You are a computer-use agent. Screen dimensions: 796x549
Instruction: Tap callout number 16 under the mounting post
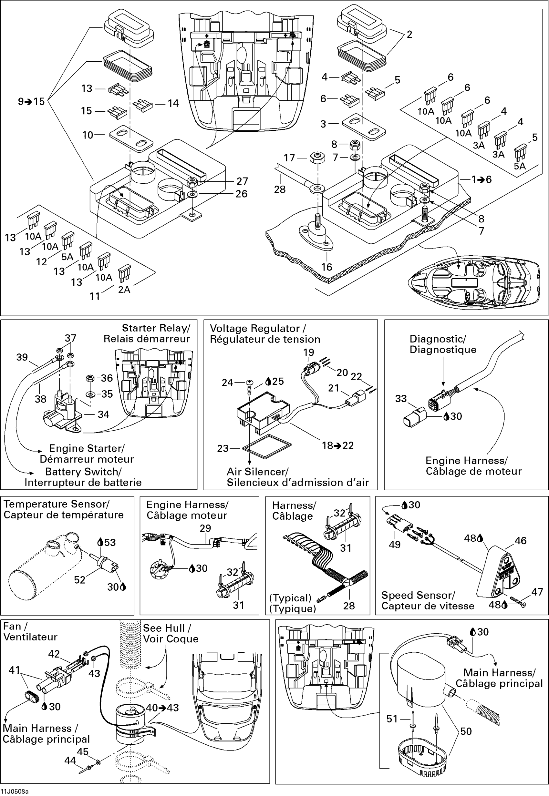coord(326,267)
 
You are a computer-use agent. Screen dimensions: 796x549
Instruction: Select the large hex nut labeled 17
coord(317,158)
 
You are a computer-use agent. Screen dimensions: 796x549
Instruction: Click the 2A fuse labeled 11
coord(125,272)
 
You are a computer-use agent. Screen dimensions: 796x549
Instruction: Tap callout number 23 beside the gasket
coord(223,448)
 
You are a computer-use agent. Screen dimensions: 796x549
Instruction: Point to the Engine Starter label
coord(87,448)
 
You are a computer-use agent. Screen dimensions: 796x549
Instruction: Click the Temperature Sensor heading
coord(57,505)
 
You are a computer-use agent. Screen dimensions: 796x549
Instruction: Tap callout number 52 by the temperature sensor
coord(79,580)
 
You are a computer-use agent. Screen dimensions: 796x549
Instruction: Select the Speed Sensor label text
coord(418,595)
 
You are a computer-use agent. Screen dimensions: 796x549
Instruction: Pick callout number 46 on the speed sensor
coord(520,541)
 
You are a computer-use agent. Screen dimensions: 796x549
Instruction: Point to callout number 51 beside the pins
coord(392,719)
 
